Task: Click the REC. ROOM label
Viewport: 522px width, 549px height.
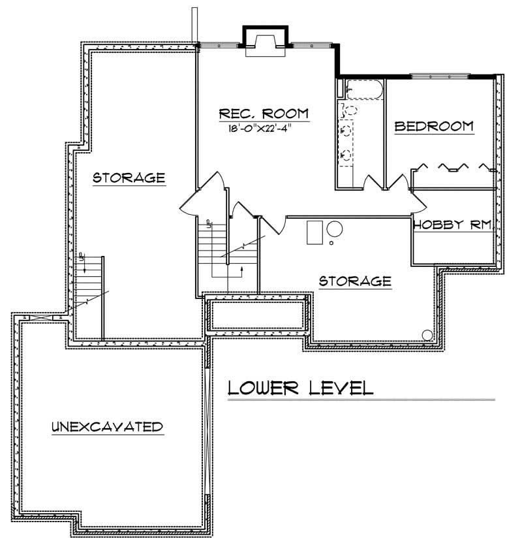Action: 264,113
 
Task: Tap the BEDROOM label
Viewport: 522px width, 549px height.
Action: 434,126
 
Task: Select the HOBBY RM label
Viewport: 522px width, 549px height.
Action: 452,225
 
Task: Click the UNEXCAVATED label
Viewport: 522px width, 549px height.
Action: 106,428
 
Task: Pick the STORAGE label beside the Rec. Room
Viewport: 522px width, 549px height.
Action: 128,177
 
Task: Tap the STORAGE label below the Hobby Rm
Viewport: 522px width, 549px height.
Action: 354,281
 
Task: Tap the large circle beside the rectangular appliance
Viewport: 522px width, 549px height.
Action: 335,230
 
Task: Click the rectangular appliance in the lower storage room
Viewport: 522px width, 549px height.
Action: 315,232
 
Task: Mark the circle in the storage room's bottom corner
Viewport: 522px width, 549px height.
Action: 427,335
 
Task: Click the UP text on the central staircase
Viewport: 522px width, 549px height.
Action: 208,224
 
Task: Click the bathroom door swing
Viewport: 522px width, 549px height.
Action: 373,181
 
